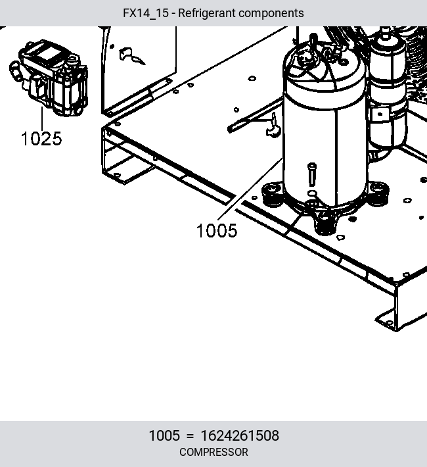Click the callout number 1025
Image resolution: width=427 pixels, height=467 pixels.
pyautogui.click(x=41, y=139)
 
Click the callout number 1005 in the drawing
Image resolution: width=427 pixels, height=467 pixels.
pyautogui.click(x=217, y=230)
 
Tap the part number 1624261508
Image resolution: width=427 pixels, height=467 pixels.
pyautogui.click(x=240, y=435)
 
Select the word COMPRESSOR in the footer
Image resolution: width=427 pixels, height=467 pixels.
pyautogui.click(x=213, y=452)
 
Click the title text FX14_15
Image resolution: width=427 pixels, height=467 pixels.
pyautogui.click(x=145, y=13)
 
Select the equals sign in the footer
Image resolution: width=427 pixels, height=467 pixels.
pyautogui.click(x=190, y=436)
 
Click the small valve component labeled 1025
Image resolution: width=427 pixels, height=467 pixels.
pyautogui.click(x=49, y=78)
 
